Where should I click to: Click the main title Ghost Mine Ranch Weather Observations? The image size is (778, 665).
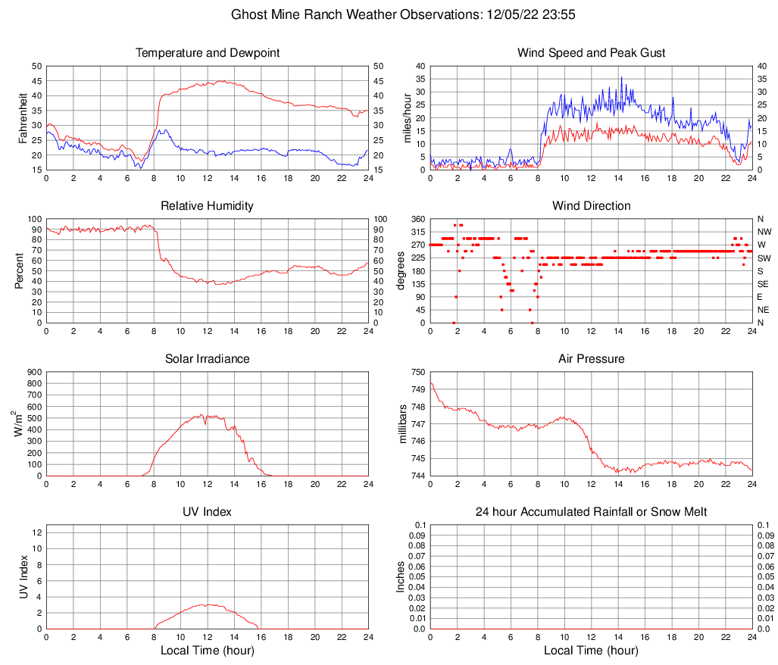coord(389,14)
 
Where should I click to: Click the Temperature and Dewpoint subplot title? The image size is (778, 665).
coord(208,53)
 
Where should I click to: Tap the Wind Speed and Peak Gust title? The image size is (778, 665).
coord(592,53)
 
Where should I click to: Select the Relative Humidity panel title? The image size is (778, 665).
coord(208,206)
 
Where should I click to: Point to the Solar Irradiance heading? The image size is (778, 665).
coord(208,358)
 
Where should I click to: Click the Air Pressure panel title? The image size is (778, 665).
coord(592,358)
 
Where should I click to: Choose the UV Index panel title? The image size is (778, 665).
coord(208,512)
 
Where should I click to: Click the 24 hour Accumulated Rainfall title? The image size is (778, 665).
coord(592,512)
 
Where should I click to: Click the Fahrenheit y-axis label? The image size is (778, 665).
coord(22,117)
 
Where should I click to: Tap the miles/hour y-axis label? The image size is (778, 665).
coord(407,117)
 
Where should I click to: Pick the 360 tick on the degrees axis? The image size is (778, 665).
coord(416,219)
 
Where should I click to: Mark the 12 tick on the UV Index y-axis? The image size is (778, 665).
coord(36,532)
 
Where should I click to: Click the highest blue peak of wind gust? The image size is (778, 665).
coord(621,76)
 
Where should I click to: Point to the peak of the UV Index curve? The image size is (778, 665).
coord(206,604)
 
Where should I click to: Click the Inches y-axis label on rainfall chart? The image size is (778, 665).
coord(401,576)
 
